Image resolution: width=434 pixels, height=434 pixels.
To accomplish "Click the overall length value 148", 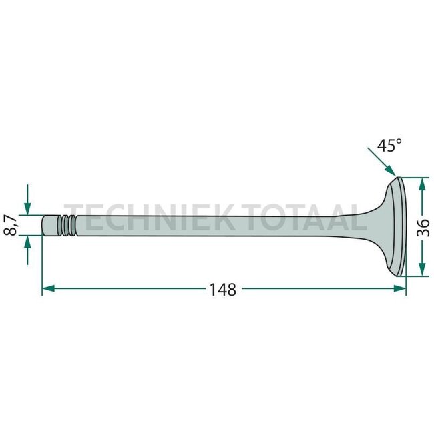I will tap(223, 290).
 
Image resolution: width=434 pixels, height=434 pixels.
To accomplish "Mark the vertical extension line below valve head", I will tap(406, 284).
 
